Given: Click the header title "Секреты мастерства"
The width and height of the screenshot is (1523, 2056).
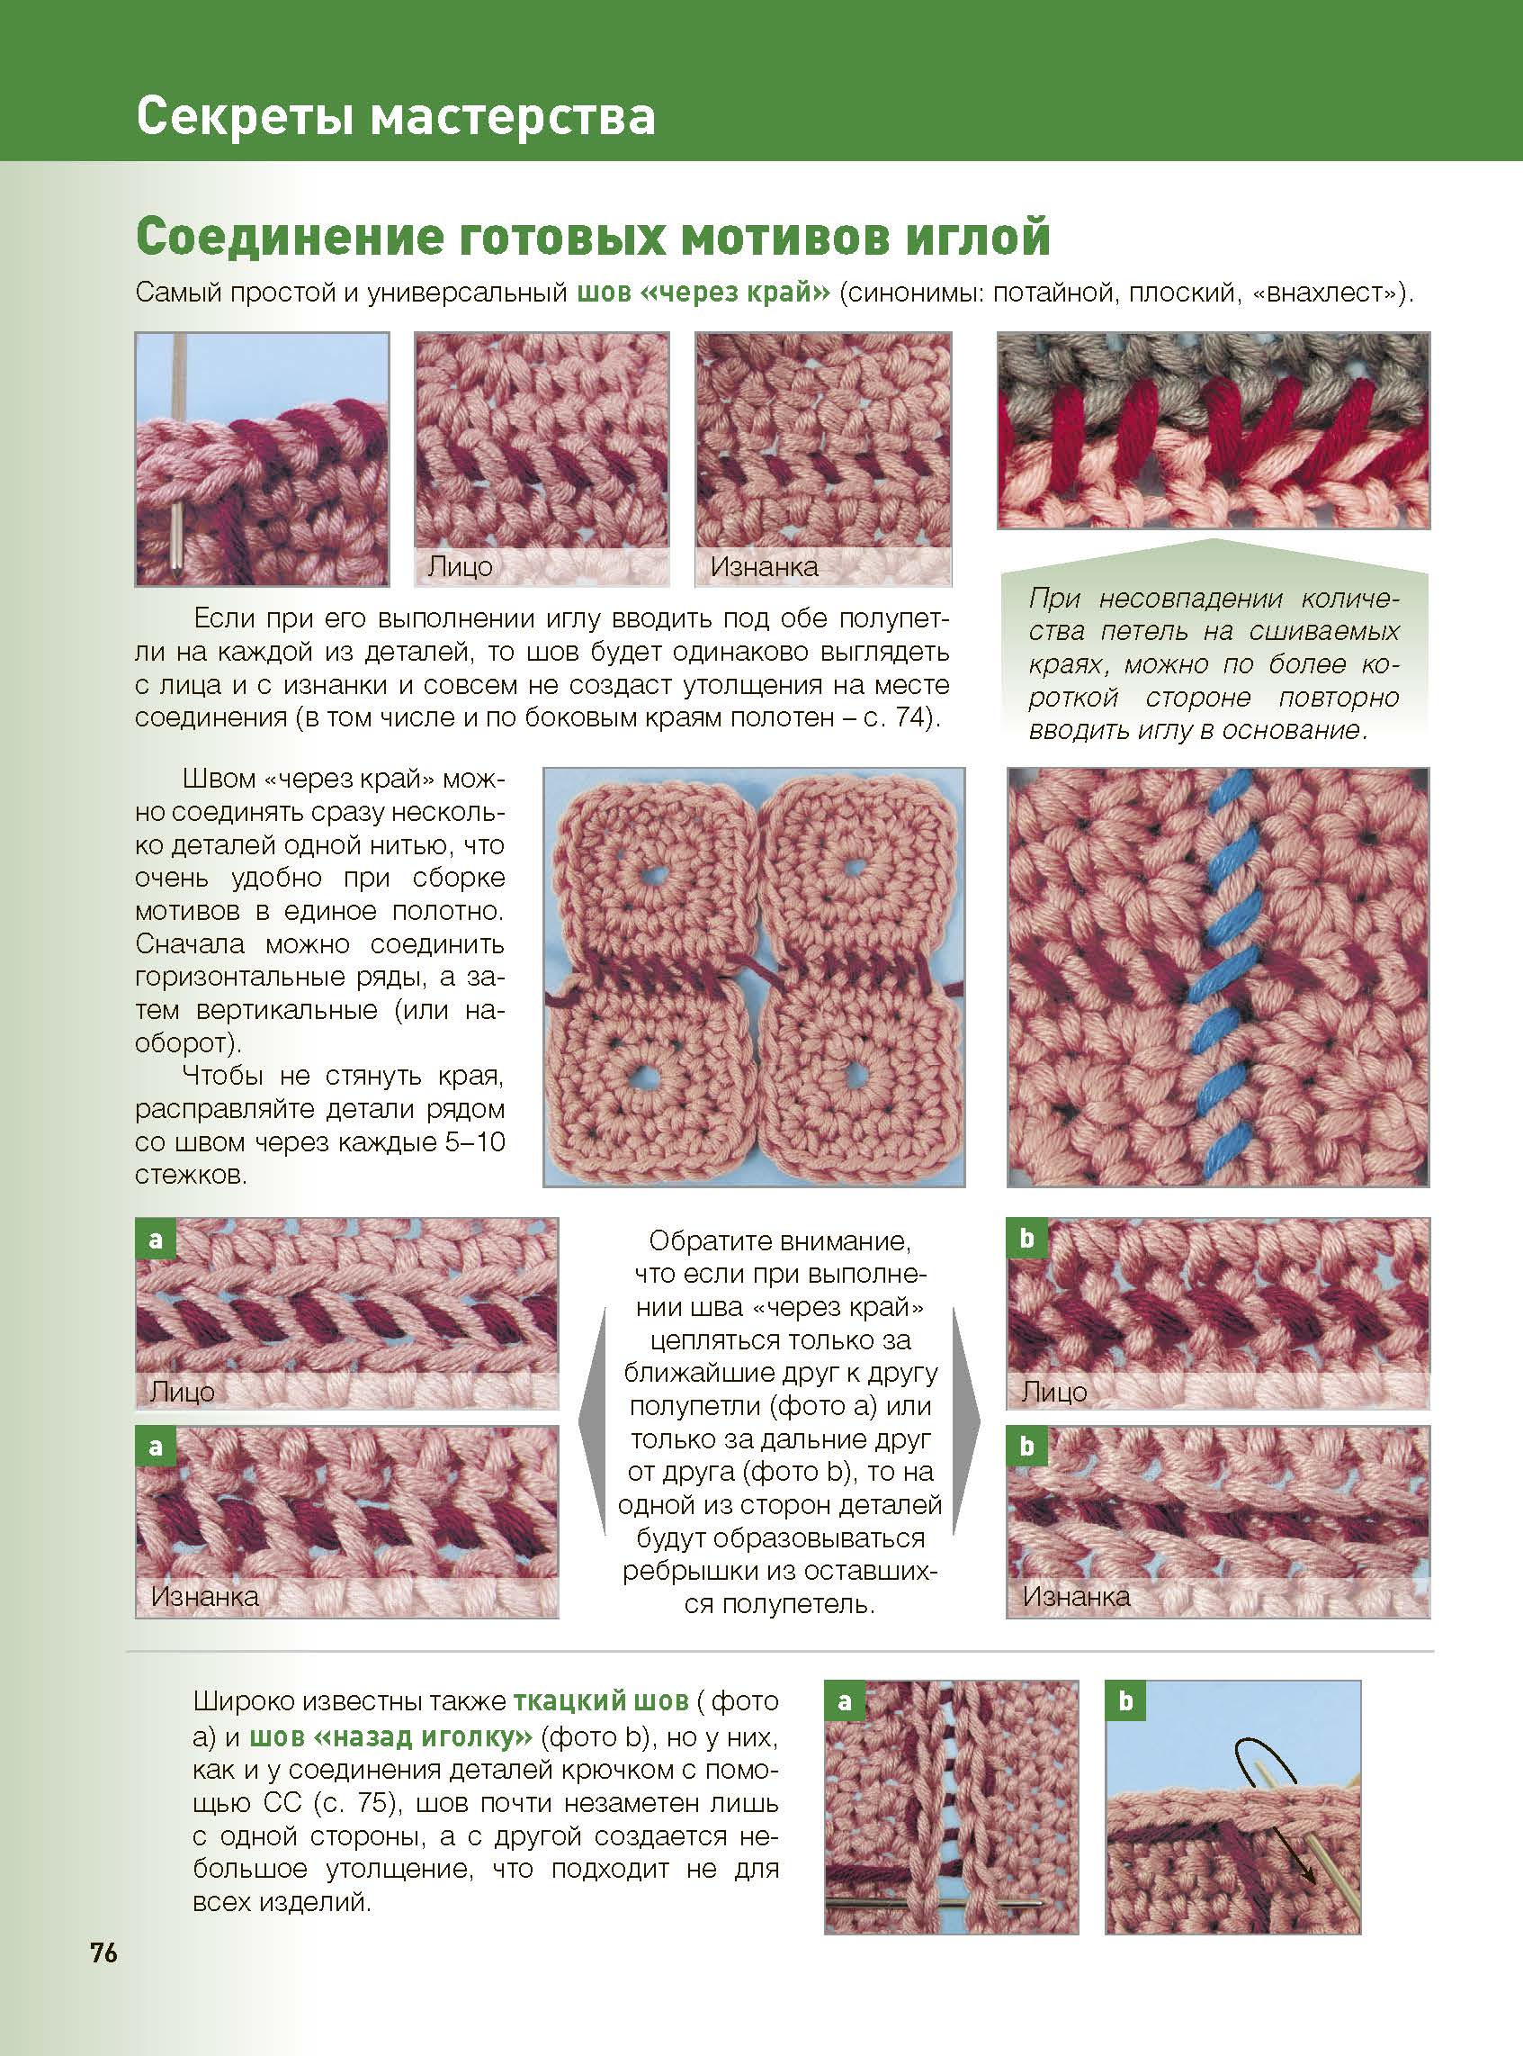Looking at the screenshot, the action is pyautogui.click(x=396, y=117).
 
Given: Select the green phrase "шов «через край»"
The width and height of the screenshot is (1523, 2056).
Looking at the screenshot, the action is pyautogui.click(x=704, y=293).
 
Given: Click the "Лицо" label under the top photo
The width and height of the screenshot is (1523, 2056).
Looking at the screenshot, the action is pyautogui.click(x=460, y=566).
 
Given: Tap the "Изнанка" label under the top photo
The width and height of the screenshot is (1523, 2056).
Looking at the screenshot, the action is pyautogui.click(x=764, y=566).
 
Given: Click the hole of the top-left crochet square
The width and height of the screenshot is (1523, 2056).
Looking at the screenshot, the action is pyautogui.click(x=657, y=871).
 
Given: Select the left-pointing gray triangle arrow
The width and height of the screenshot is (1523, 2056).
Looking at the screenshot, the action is pyautogui.click(x=592, y=1420).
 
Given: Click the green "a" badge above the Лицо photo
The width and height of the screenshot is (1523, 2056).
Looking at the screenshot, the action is pyautogui.click(x=155, y=1239).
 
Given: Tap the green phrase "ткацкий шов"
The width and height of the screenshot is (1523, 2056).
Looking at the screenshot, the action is pyautogui.click(x=600, y=1700).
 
